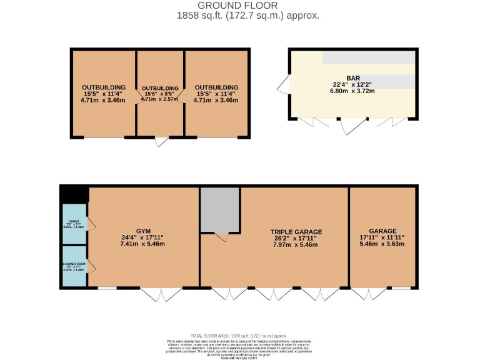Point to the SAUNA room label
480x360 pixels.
point(74,221)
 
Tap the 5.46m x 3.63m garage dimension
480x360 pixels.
point(382,244)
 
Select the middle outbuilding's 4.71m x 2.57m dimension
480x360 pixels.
point(160,99)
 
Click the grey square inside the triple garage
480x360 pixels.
point(220,209)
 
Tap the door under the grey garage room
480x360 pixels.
point(221,237)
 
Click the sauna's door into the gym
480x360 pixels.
point(91,223)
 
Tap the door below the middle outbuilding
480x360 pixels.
point(161,141)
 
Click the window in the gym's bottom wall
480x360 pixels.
point(107,288)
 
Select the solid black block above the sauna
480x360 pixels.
point(74,194)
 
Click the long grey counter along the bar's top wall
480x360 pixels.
point(369,58)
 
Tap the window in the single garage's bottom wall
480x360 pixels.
point(401,288)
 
